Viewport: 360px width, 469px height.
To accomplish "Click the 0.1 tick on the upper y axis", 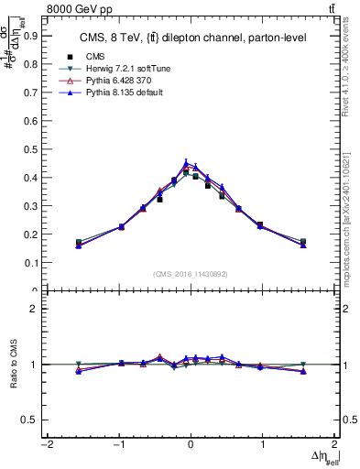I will click(x=31, y=262).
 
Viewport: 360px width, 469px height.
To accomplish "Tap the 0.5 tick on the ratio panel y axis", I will click(x=31, y=420).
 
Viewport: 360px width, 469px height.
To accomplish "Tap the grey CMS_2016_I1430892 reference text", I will click(x=191, y=274).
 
